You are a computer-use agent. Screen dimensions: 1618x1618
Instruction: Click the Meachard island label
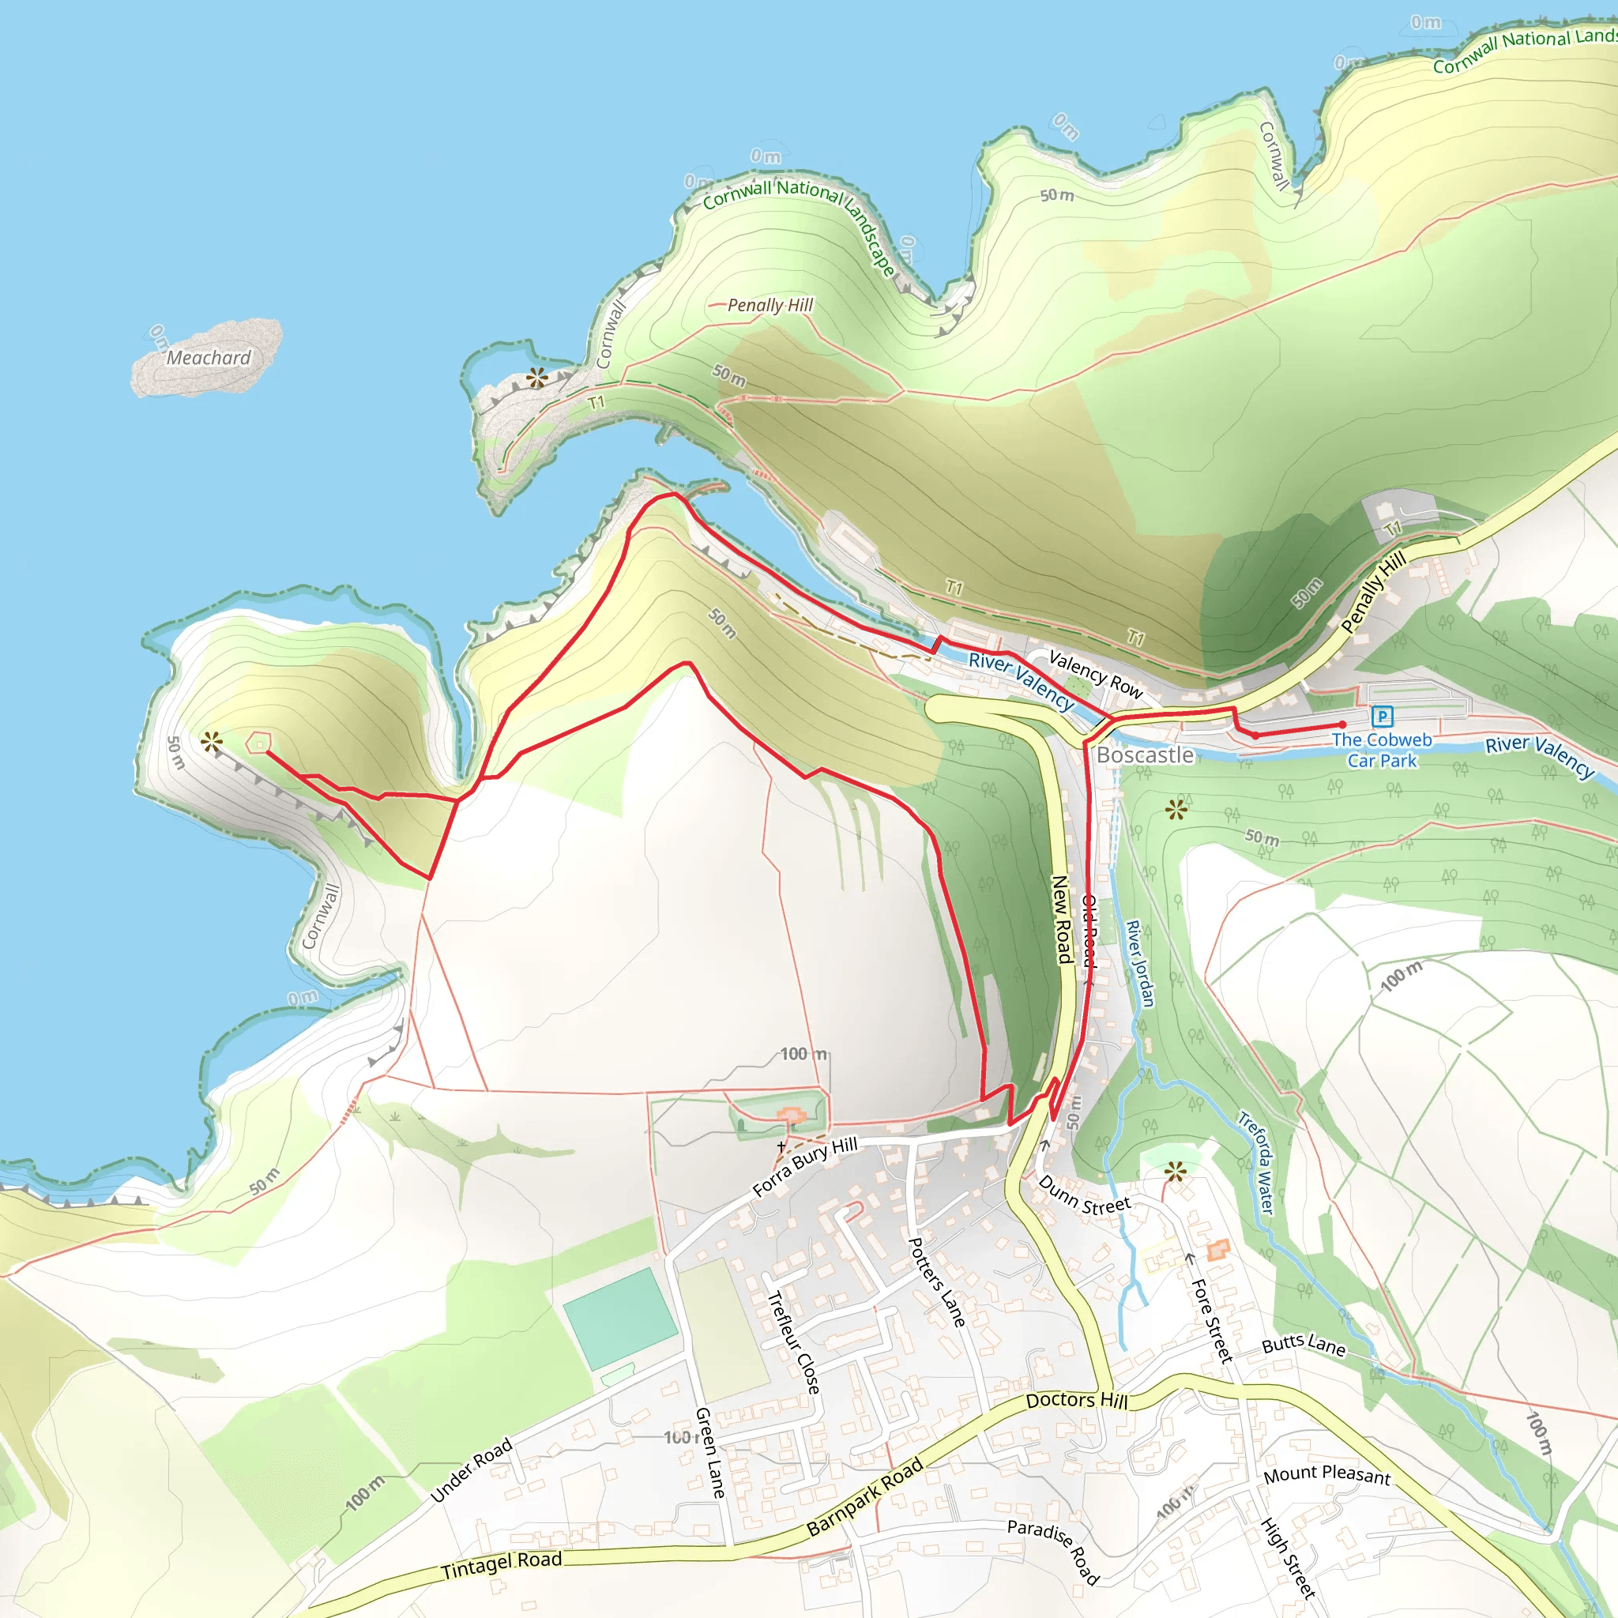(x=209, y=358)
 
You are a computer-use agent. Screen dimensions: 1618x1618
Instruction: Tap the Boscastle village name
(x=1145, y=754)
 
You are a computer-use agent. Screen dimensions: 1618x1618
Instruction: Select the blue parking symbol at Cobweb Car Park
(x=1383, y=716)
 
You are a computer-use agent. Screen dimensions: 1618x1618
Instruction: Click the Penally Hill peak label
(x=769, y=305)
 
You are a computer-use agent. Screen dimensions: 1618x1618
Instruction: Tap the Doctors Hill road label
(x=1077, y=1400)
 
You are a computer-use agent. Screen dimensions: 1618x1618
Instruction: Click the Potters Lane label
(x=937, y=1282)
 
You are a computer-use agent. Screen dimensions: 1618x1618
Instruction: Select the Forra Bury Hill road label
(x=805, y=1167)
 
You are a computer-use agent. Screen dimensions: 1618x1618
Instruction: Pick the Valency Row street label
(x=1096, y=674)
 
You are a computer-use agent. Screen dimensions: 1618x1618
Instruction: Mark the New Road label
(x=1062, y=919)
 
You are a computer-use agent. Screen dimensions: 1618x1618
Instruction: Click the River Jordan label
(x=1140, y=963)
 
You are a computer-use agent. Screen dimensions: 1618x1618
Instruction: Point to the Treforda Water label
(x=1256, y=1162)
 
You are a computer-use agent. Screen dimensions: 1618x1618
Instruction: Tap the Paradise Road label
(x=1054, y=1552)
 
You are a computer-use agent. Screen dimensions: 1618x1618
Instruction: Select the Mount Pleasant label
(x=1326, y=1475)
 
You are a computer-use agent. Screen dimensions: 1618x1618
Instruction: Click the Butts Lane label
(x=1304, y=1344)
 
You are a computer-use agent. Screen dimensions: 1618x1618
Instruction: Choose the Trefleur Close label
(x=793, y=1342)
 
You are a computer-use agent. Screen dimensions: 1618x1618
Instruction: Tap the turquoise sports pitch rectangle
(x=619, y=1319)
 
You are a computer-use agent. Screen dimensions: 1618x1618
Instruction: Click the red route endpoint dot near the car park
(x=1342, y=724)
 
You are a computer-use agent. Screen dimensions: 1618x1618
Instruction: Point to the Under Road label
(x=471, y=1470)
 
